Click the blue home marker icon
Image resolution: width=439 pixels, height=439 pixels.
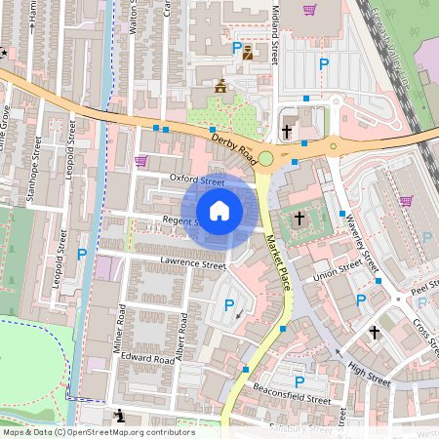click(x=219, y=211)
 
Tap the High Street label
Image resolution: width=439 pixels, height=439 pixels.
click(x=368, y=372)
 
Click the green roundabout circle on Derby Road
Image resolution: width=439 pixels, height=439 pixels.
click(x=265, y=158)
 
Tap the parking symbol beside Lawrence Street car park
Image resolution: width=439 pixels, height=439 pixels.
click(x=229, y=305)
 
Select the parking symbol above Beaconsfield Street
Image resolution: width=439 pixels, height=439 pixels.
click(x=299, y=381)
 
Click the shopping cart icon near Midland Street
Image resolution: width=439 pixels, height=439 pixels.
click(x=310, y=10)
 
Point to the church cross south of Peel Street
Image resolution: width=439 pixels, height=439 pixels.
click(x=374, y=333)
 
